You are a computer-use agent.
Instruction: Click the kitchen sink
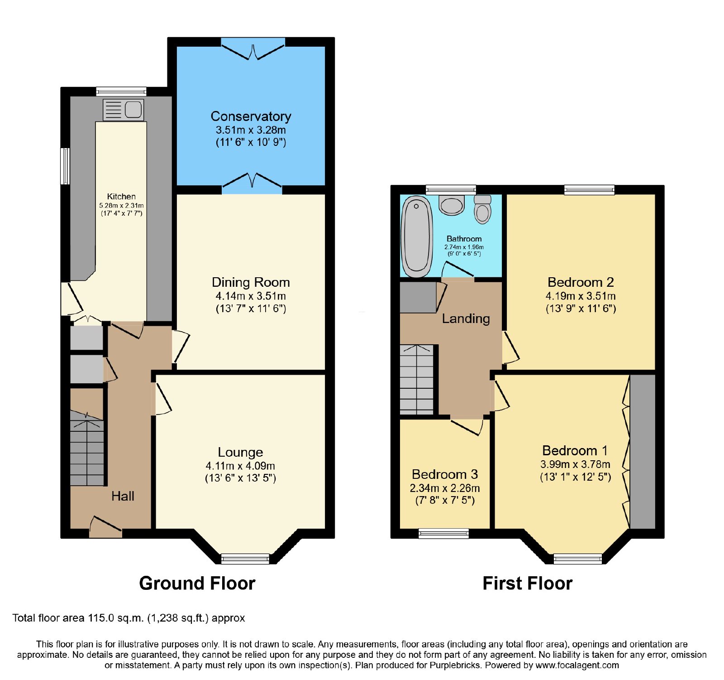(x=124, y=110)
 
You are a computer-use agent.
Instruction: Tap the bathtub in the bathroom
(x=417, y=236)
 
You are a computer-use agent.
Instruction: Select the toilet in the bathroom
(x=483, y=209)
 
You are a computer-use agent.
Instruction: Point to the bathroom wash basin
(x=452, y=205)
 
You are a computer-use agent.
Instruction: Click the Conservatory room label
(x=251, y=116)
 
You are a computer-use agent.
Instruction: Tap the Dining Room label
(x=251, y=282)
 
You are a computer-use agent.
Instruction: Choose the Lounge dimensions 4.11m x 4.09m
(x=240, y=466)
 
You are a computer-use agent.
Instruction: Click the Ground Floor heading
(x=197, y=583)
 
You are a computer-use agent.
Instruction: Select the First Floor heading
(x=528, y=583)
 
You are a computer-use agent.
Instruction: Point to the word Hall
(x=123, y=496)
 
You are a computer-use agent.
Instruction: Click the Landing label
(x=466, y=319)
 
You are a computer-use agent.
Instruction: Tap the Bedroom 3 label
(x=445, y=474)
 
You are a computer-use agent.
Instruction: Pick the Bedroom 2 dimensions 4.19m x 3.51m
(x=581, y=296)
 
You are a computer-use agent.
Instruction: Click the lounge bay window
(x=245, y=559)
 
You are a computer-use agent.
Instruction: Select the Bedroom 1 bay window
(x=578, y=559)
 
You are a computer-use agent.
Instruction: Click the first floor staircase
(x=417, y=380)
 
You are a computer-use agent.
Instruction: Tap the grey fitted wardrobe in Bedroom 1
(x=643, y=452)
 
